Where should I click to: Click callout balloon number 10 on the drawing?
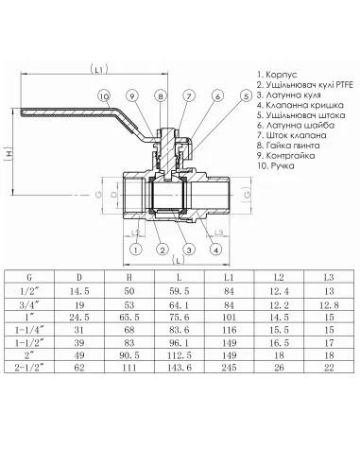pyautogui.click(x=105, y=95)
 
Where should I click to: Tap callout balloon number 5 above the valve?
pyautogui.click(x=245, y=95)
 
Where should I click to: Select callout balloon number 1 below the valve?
pyautogui.click(x=137, y=249)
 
